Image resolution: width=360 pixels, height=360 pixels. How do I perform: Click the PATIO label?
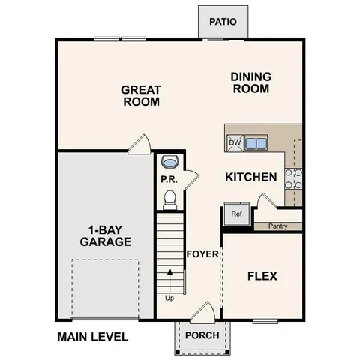coord(223,21)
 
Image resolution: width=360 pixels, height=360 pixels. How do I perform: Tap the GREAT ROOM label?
coord(141,96)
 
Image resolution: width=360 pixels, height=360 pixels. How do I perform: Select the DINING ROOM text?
coord(250,82)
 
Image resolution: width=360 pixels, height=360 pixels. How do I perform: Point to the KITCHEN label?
coord(252,178)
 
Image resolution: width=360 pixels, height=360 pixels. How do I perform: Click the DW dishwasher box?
coord(235,142)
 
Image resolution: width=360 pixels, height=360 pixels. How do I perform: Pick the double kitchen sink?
coord(256,142)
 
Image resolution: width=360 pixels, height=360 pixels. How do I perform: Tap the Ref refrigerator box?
coord(236,214)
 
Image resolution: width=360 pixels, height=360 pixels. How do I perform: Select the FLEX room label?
coord(262,276)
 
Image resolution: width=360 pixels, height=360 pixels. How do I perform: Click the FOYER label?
coord(202,253)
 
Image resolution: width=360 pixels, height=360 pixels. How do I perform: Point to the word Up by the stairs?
coord(170,298)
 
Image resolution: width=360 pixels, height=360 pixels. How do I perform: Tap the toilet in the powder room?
coord(170,199)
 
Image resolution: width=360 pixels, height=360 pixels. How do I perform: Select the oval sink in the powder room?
coord(170,162)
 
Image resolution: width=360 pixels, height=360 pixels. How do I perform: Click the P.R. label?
coord(168,180)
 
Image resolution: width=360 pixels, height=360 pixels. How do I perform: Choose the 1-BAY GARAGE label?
coord(106,235)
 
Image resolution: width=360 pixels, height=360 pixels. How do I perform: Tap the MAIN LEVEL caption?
coord(93,337)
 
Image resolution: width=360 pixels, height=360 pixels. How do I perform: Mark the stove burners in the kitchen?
coord(293,178)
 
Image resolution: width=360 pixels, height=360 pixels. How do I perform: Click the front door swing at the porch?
coord(201,312)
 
